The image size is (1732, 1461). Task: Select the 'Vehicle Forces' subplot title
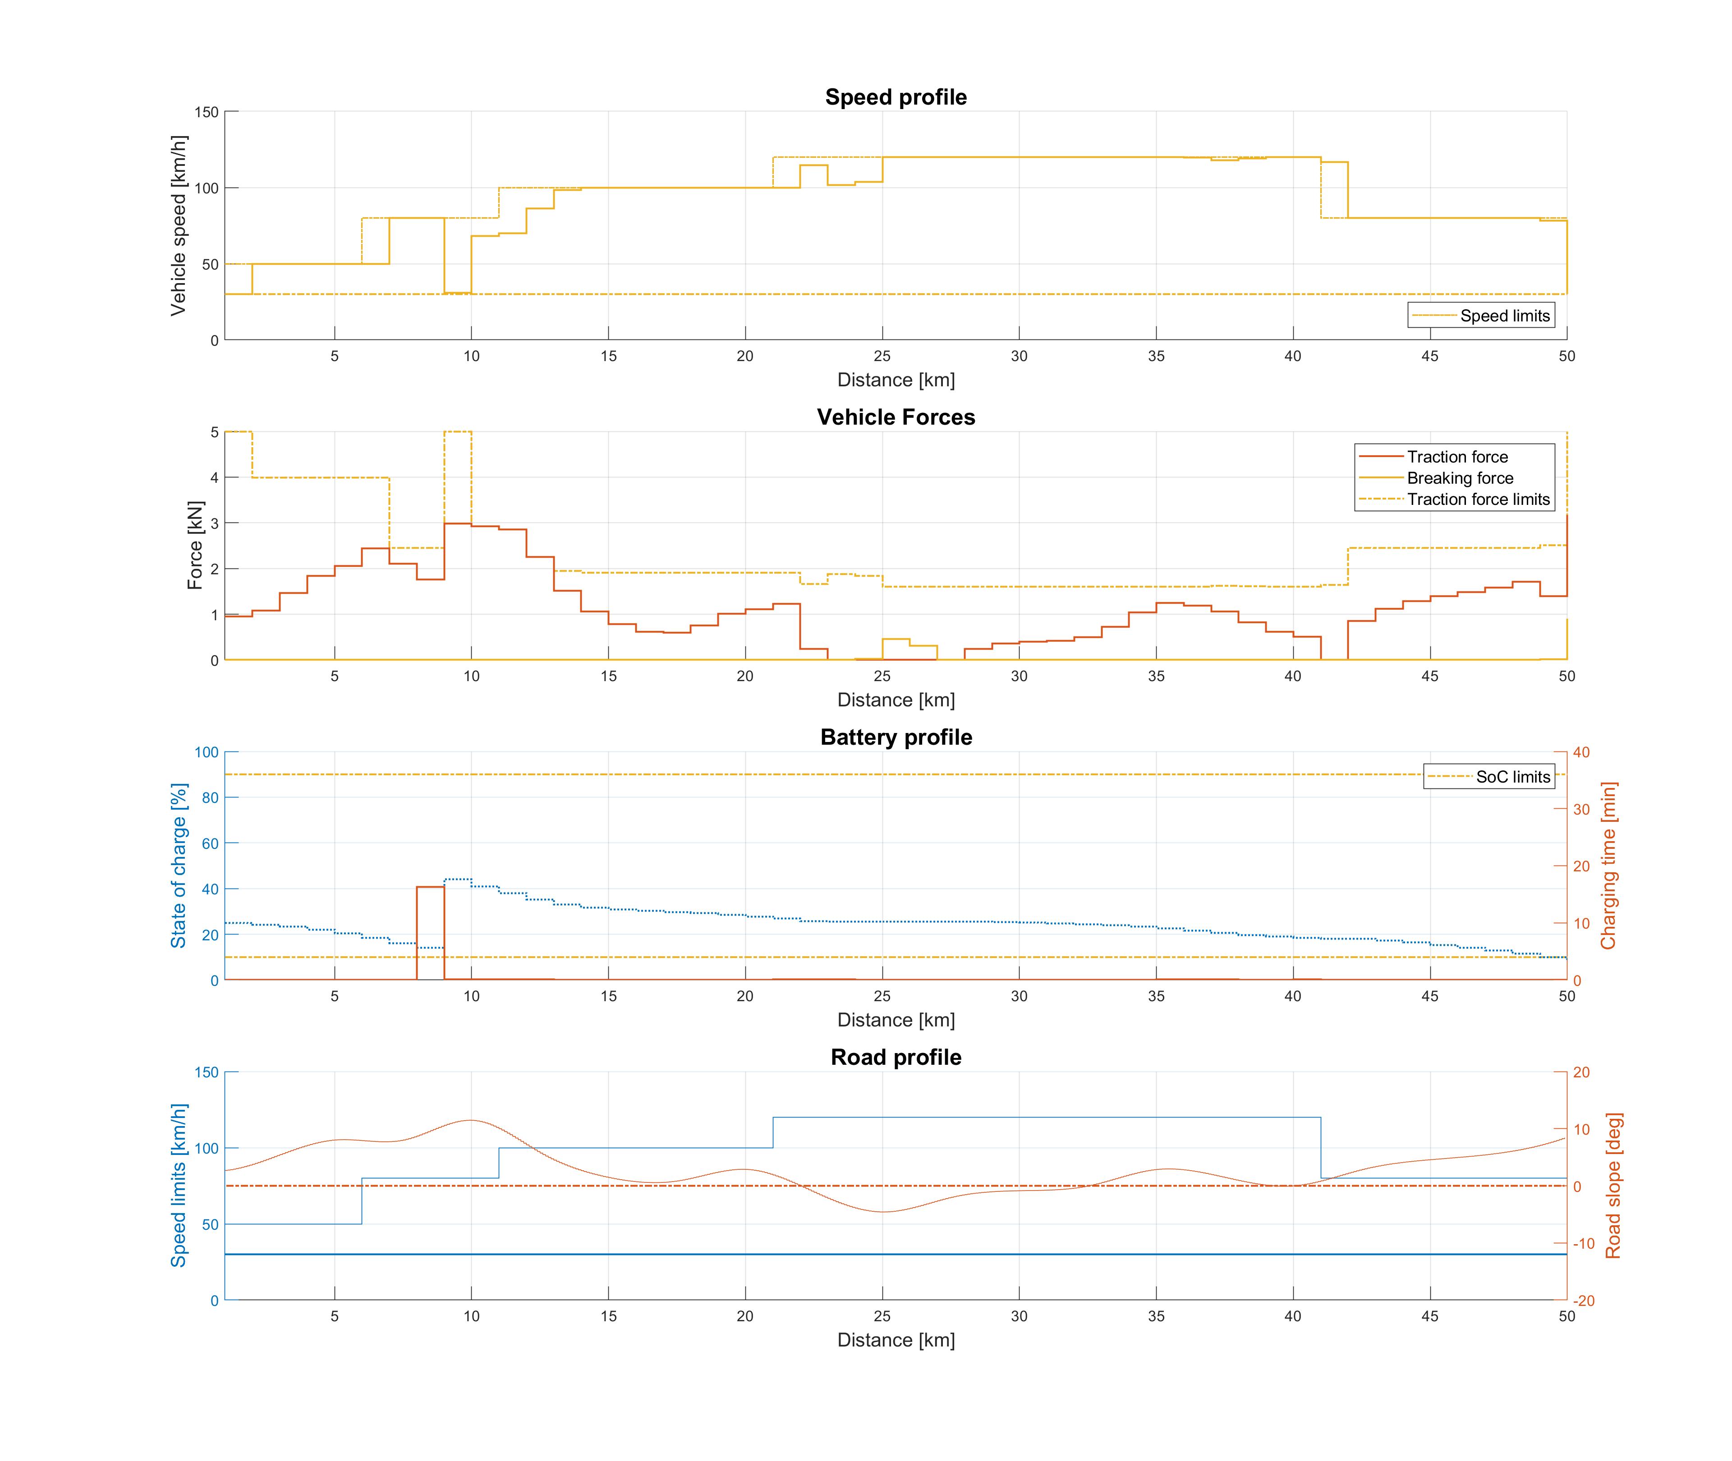click(896, 417)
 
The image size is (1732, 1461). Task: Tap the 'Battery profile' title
click(896, 737)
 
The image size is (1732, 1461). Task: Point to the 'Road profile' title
click(896, 1058)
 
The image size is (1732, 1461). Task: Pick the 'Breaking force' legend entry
click(1460, 478)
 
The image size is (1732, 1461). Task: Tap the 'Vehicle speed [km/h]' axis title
click(178, 225)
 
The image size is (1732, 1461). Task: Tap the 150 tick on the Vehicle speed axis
click(206, 112)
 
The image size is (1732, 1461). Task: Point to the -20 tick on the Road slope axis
click(1583, 1301)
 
